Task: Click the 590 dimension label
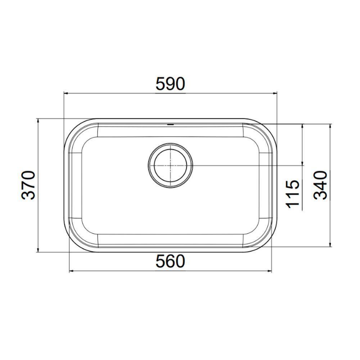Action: (170, 84)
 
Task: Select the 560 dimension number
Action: (170, 261)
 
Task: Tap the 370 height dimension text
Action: (28, 185)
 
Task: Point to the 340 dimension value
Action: (320, 185)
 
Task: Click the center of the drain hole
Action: (170, 166)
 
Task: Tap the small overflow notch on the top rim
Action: (170, 125)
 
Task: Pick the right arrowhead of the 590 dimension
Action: (275, 93)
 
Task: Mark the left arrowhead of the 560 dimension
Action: (72, 271)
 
